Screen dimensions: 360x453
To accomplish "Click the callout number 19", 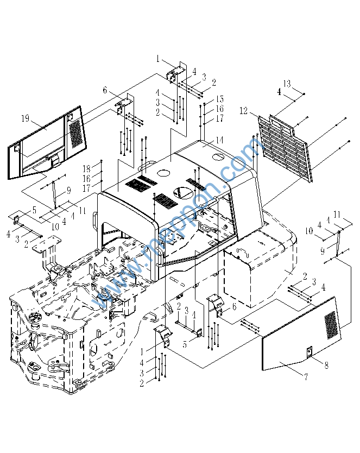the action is point(26,118).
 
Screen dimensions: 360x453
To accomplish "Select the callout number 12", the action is point(244,111).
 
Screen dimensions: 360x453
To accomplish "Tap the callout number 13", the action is point(287,84).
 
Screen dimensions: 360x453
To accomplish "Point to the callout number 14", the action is point(219,140).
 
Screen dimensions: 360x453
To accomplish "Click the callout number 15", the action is point(220,99).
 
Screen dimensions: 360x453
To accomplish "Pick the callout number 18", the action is point(86,168).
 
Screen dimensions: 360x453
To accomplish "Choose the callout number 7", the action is point(306,376).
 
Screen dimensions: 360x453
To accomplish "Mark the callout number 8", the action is point(326,365).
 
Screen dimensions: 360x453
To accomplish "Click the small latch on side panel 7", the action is point(309,352).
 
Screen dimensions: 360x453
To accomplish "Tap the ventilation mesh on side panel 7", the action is point(331,325).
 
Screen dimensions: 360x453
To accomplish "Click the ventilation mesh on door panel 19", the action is point(75,134).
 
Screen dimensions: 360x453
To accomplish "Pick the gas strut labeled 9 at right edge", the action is point(338,243).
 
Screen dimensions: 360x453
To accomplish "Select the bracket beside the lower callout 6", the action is point(216,305).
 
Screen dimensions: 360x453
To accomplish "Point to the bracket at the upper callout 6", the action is point(124,105).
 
